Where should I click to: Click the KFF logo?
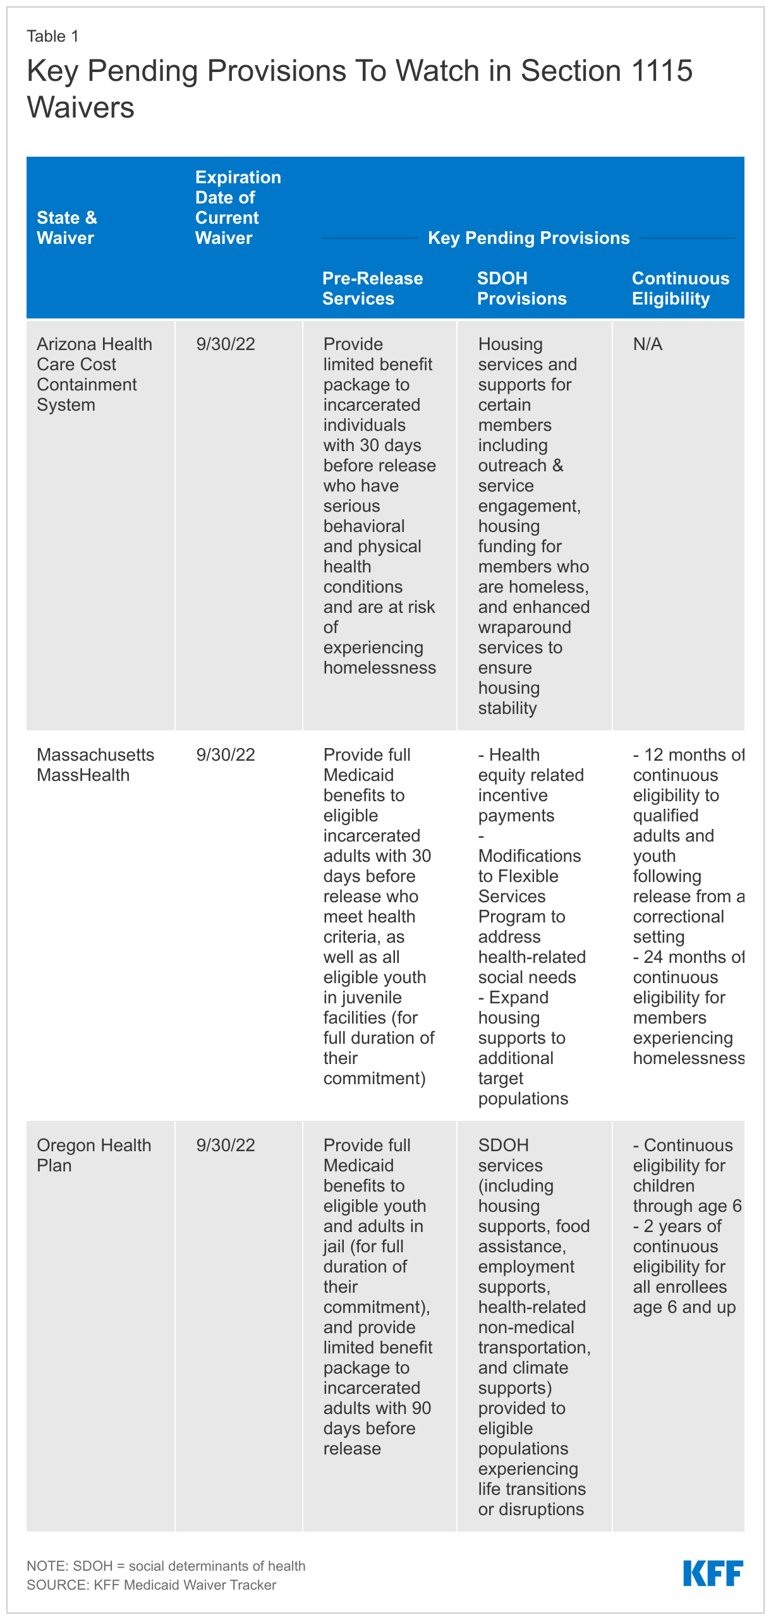click(x=713, y=1573)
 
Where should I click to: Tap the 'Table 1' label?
click(x=52, y=37)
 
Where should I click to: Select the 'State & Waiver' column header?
click(x=66, y=228)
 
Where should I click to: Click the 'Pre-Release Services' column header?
click(x=372, y=289)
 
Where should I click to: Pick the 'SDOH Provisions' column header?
click(x=521, y=289)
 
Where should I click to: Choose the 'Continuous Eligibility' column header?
click(x=680, y=289)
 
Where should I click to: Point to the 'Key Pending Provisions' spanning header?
click(x=528, y=238)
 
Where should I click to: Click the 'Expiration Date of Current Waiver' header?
click(x=238, y=208)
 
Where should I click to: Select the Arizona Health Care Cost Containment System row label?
click(x=94, y=375)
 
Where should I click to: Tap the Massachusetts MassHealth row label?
click(x=95, y=765)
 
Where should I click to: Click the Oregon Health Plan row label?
click(x=94, y=1156)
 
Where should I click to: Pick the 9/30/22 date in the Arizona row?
click(x=226, y=344)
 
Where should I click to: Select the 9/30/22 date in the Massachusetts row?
click(x=226, y=755)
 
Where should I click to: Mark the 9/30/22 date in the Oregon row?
click(x=226, y=1145)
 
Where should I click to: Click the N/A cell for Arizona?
click(x=648, y=344)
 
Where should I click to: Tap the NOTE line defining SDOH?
click(x=166, y=1566)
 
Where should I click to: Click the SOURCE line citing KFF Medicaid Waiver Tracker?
click(x=151, y=1585)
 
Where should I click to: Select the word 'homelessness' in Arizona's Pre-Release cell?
click(x=379, y=668)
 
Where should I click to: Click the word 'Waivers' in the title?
click(x=80, y=107)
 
